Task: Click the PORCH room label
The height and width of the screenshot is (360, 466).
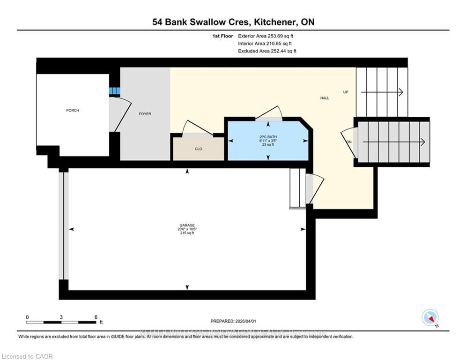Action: click(73, 111)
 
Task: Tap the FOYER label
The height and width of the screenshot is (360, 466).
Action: click(145, 114)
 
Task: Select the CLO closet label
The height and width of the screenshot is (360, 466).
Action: click(199, 149)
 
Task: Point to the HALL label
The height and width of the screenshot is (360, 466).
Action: click(325, 98)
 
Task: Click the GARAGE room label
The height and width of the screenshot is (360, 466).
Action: click(187, 225)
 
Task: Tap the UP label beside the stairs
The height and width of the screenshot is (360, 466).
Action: click(346, 92)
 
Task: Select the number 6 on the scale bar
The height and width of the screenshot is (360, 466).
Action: click(96, 317)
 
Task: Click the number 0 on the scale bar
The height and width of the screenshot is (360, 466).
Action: click(27, 317)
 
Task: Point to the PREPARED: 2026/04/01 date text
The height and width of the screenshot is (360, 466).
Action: click(233, 321)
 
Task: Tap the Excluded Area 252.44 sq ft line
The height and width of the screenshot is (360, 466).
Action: click(267, 51)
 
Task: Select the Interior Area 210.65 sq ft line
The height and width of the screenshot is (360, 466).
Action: click(266, 44)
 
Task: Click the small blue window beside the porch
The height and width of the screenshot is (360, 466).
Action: click(115, 91)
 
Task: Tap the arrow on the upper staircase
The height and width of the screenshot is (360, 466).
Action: click(382, 92)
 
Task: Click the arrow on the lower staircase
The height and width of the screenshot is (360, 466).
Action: click(393, 142)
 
